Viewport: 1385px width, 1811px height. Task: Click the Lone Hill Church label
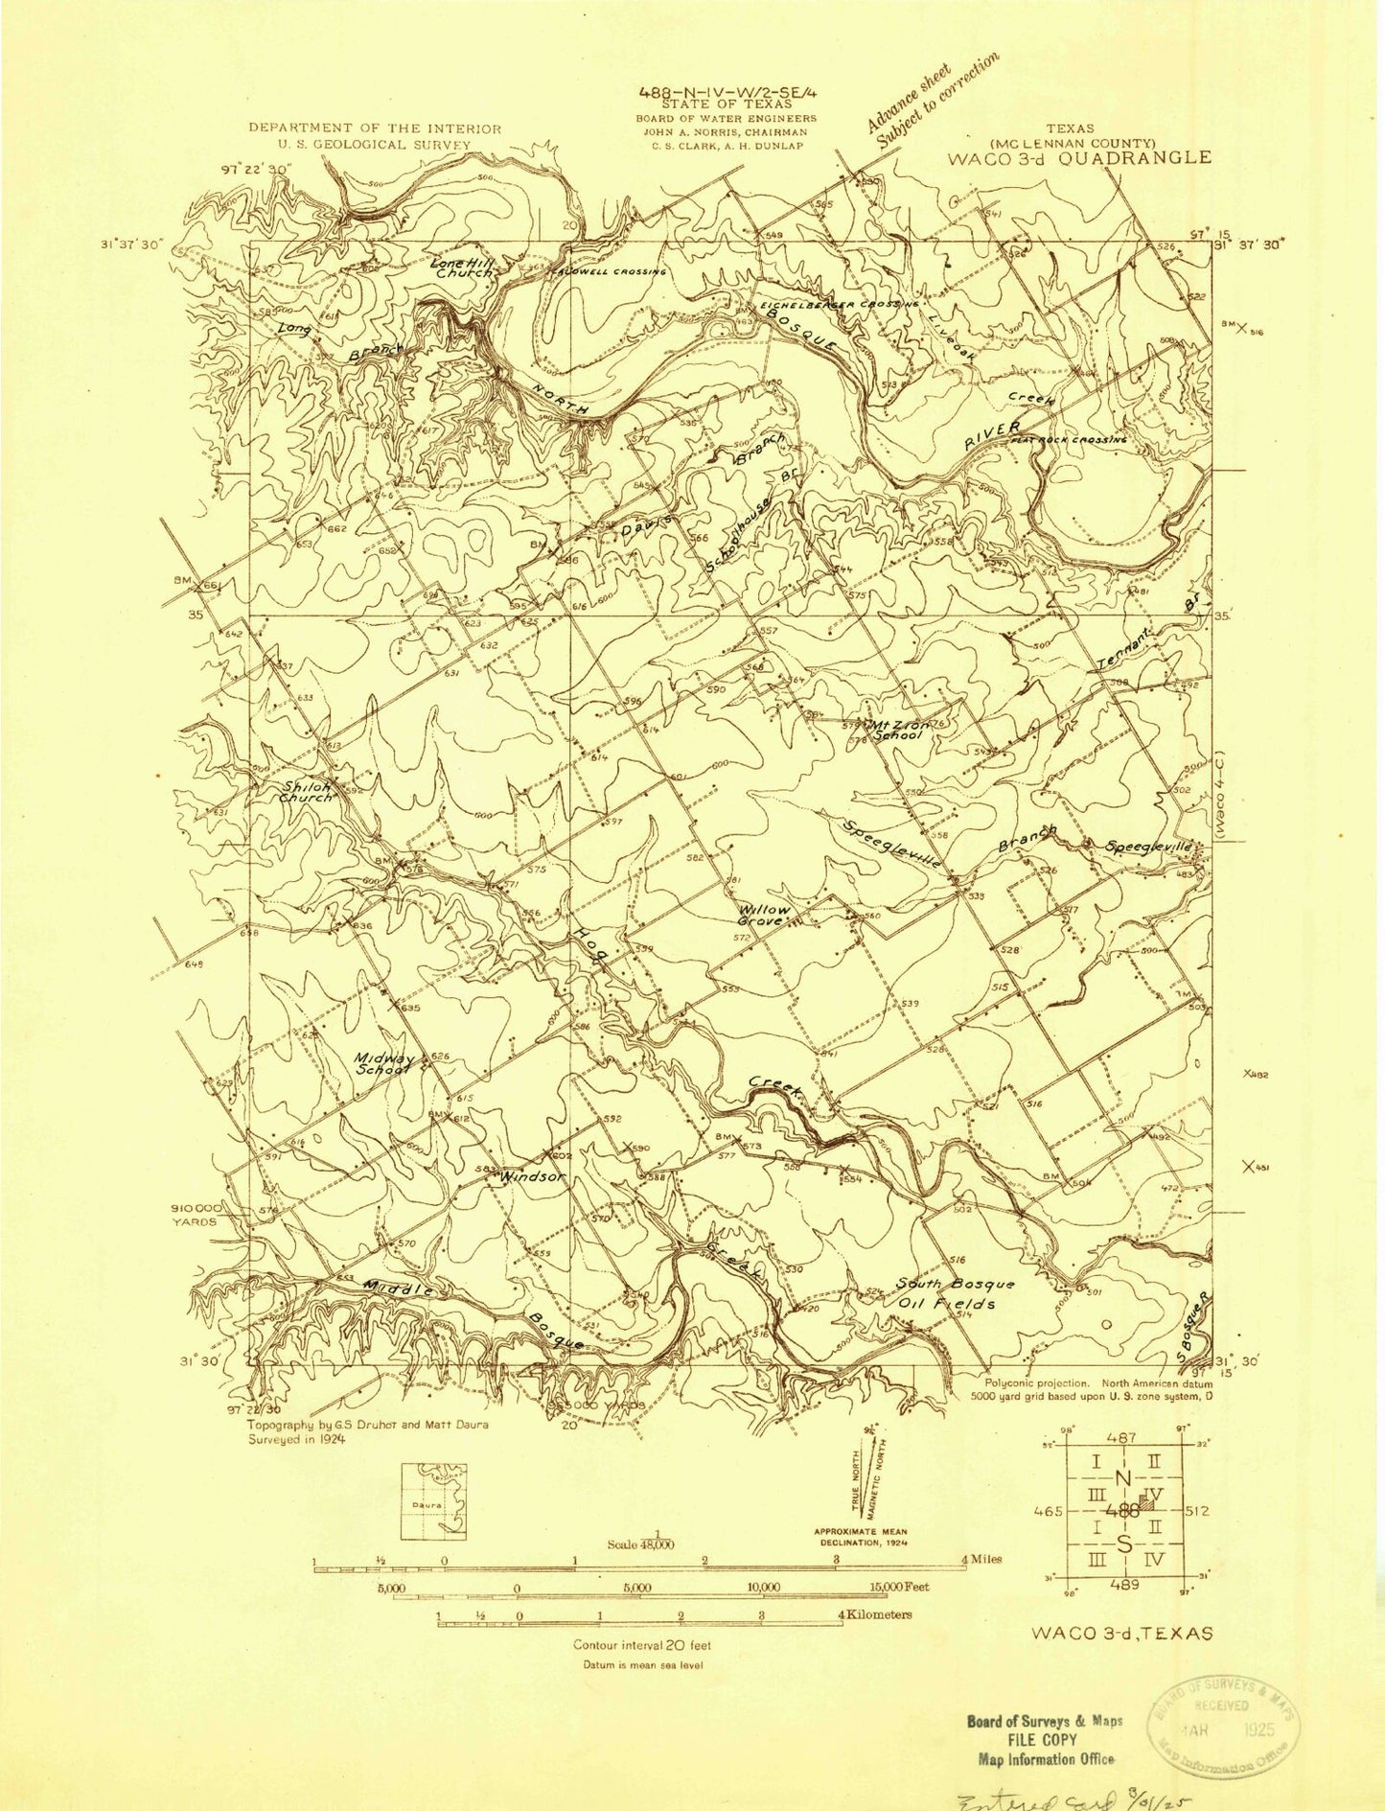tap(461, 267)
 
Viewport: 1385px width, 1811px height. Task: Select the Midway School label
tap(383, 1064)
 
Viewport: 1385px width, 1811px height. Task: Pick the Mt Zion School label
tap(896, 731)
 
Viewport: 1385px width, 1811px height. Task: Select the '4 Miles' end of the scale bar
tap(981, 1560)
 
